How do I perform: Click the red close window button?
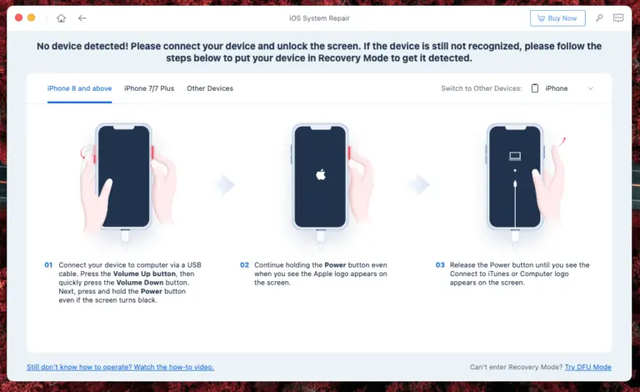(x=19, y=18)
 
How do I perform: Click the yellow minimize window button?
(x=31, y=18)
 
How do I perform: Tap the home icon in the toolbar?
(x=61, y=18)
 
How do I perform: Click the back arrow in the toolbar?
(x=82, y=18)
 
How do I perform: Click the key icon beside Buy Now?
(x=599, y=18)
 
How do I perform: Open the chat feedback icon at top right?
(x=618, y=18)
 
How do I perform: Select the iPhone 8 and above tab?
(x=80, y=88)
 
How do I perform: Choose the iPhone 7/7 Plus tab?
(x=149, y=88)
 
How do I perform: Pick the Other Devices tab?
(x=210, y=88)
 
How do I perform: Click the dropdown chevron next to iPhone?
(x=590, y=88)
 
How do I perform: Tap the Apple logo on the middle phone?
(x=321, y=174)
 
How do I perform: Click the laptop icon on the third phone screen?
(x=515, y=156)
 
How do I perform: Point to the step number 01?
(x=48, y=265)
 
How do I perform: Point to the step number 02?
(x=244, y=265)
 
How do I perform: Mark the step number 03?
(x=440, y=265)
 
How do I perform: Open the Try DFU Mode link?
(x=587, y=367)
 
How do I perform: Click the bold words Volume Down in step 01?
(x=140, y=283)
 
